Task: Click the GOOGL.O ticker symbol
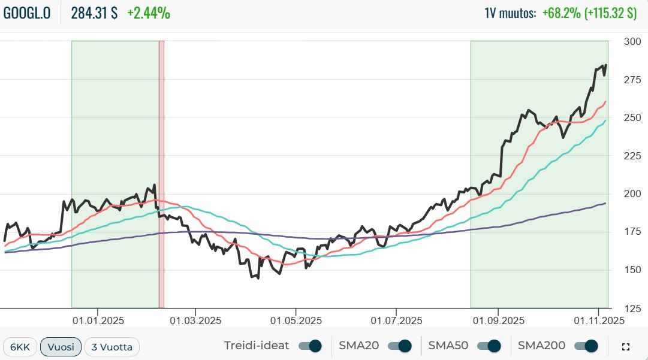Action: [28, 13]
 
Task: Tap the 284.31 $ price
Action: [94, 13]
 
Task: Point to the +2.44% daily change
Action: [149, 13]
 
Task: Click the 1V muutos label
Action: [510, 13]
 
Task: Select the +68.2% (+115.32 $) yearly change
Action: [589, 13]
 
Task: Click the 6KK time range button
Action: [20, 347]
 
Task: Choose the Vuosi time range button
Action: [61, 347]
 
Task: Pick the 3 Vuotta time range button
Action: [112, 347]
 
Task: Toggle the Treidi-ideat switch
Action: [310, 346]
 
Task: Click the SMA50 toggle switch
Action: [488, 346]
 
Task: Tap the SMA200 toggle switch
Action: [586, 346]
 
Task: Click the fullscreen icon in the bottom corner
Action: [626, 347]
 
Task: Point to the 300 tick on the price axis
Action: [632, 41]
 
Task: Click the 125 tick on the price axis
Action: [632, 308]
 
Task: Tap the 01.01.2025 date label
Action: [97, 320]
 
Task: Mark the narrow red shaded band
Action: [161, 174]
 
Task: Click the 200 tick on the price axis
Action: [632, 193]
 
